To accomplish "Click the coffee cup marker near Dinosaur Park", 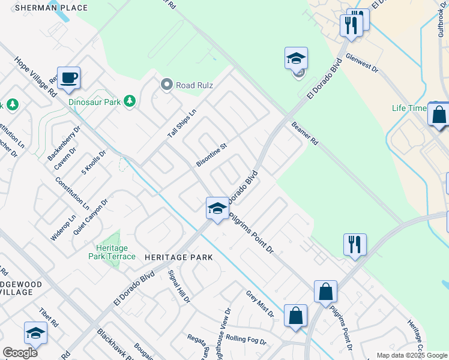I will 68,78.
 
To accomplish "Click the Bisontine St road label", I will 212,155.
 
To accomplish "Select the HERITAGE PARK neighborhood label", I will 179,257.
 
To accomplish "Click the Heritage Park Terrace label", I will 112,252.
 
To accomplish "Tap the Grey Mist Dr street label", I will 259,304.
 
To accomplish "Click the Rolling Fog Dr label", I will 246,340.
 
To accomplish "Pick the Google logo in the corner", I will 20,353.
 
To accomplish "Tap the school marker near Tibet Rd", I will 35,334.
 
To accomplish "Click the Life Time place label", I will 409,108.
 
